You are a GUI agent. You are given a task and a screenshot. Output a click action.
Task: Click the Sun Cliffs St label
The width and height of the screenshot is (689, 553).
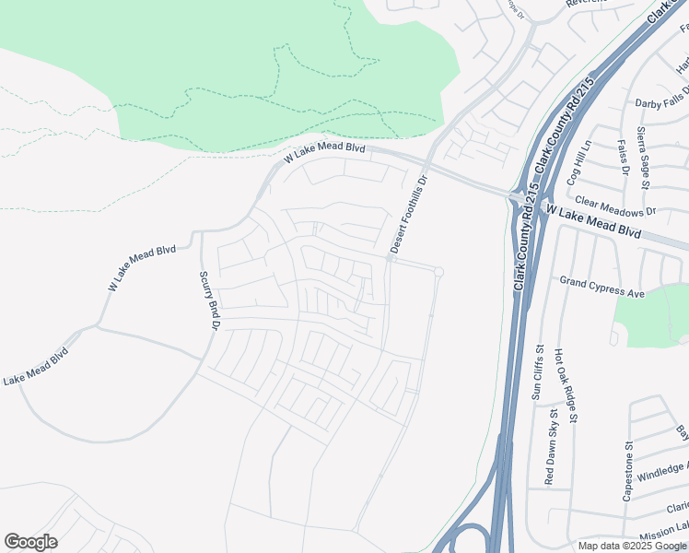[539, 371]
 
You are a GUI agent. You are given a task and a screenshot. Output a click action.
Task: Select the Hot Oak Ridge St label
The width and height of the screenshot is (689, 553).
[566, 385]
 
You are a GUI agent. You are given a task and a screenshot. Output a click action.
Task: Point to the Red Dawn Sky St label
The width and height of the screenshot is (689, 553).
[549, 445]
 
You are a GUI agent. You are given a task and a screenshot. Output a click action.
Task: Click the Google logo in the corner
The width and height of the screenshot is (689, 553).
[30, 542]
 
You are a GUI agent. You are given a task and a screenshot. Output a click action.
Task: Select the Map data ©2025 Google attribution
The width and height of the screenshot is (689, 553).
[632, 546]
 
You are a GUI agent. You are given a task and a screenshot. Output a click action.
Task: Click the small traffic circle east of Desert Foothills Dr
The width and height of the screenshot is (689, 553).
[439, 272]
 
